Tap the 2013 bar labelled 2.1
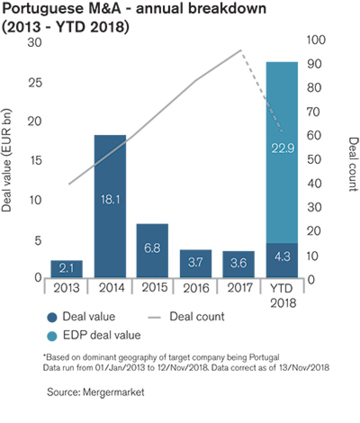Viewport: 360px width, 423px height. click(67, 269)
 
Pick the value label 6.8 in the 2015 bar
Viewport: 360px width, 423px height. click(153, 247)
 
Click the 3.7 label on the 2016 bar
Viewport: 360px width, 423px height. click(195, 263)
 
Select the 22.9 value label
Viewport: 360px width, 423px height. click(283, 148)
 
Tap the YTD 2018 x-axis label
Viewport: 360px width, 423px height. click(283, 295)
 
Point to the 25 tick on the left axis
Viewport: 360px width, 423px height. click(35, 83)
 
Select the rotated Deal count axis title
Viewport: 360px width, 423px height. click(353, 164)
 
